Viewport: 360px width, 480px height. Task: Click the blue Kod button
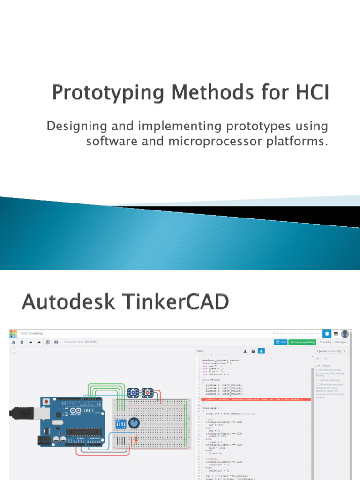(281, 343)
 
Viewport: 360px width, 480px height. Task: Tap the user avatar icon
(345, 334)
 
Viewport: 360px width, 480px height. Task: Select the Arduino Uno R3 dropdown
(332, 351)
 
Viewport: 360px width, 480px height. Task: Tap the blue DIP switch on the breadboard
(120, 423)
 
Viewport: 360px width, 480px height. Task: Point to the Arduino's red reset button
(46, 402)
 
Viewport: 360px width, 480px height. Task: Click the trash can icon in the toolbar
(22, 342)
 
